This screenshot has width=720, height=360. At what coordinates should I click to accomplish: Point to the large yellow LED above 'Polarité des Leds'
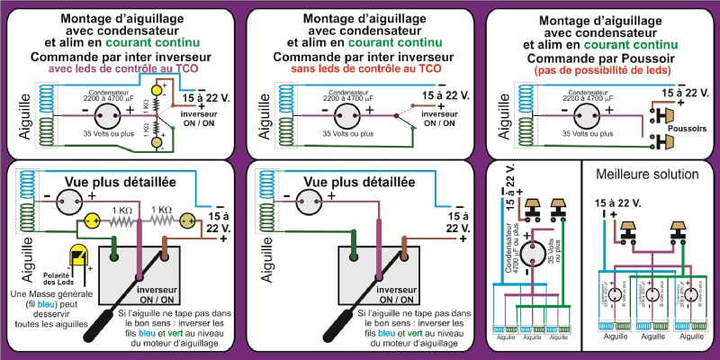(x=79, y=256)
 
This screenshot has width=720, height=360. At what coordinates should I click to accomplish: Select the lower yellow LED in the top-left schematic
(x=157, y=142)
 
